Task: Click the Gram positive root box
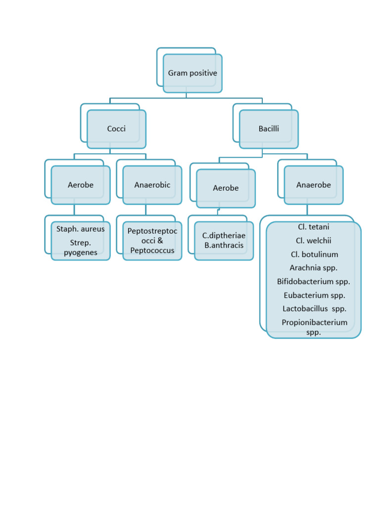point(192,73)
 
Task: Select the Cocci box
point(116,129)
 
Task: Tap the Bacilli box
point(269,129)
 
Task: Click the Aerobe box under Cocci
point(81,185)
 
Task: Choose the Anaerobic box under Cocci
point(152,185)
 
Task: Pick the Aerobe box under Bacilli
point(226,188)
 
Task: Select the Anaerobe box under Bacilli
point(314,185)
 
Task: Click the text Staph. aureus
point(81,229)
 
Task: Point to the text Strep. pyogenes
point(81,248)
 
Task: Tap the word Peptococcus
point(152,251)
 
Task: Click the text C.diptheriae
point(224,236)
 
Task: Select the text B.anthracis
point(224,245)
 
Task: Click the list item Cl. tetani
point(313,227)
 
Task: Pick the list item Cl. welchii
point(313,241)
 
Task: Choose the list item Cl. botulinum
point(314,254)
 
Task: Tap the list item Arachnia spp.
point(314,268)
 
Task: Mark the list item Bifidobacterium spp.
point(314,282)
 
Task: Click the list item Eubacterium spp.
point(314,295)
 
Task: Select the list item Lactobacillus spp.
point(314,309)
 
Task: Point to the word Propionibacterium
point(314,323)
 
